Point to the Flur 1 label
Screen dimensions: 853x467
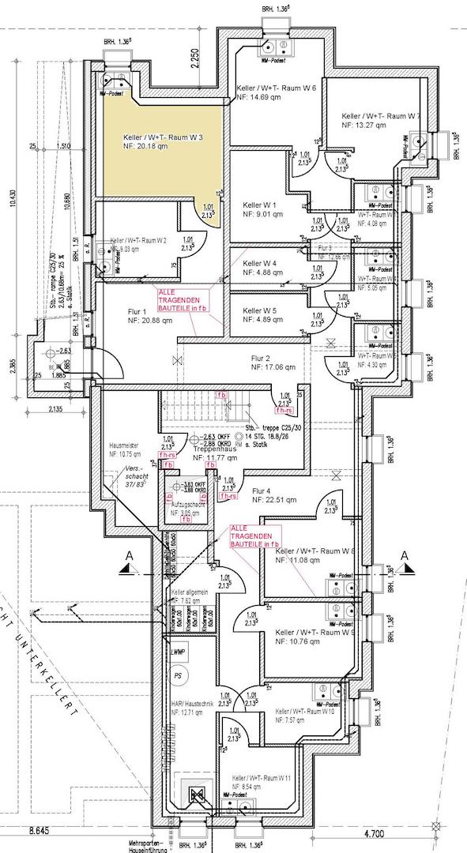click(x=139, y=310)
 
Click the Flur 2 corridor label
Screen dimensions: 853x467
click(x=262, y=358)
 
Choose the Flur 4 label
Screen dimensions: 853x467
click(x=262, y=490)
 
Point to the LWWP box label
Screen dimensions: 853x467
click(x=176, y=652)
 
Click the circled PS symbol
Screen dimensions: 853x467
click(x=179, y=677)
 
